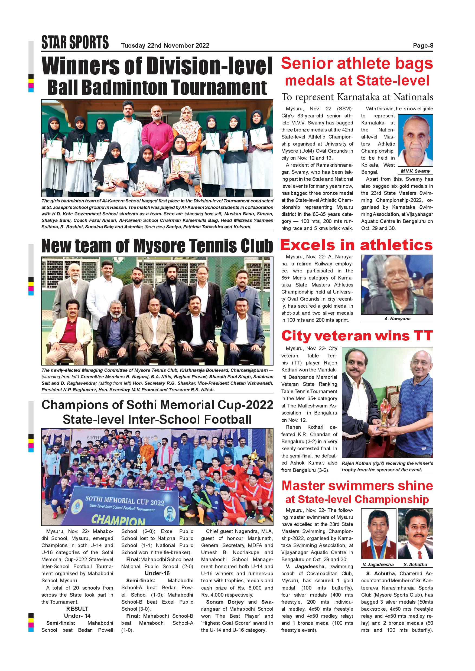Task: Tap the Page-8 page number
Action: coord(423,46)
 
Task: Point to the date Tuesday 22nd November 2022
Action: coord(165,46)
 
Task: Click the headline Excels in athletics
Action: coord(356,245)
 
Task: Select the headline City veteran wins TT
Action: coord(357,335)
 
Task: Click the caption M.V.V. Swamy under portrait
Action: coord(415,171)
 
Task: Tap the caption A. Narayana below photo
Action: coord(397,319)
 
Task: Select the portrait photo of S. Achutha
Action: coord(415,533)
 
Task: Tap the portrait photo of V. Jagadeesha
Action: coord(379,533)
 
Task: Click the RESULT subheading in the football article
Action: coord(77,609)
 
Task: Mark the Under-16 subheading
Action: coord(157,573)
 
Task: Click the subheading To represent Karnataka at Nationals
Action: coord(357,97)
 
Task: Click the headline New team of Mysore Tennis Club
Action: coord(157,246)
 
